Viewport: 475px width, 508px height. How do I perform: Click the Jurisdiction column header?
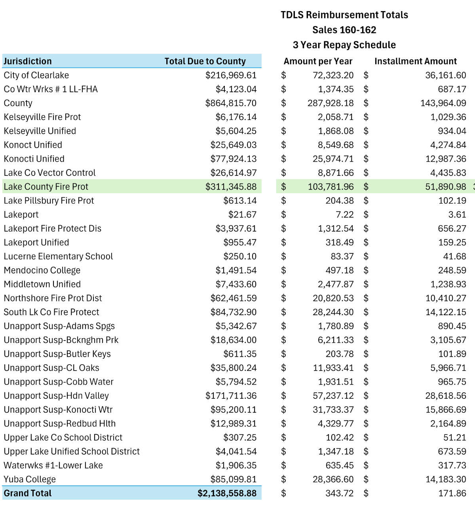28,61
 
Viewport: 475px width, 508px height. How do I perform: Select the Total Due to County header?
205,61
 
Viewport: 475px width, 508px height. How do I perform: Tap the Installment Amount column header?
415,61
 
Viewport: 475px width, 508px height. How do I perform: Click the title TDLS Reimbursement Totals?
344,15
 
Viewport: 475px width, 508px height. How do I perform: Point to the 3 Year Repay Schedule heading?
344,45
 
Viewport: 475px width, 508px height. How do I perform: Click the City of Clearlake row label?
36,75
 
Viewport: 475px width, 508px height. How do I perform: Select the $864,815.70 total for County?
231,103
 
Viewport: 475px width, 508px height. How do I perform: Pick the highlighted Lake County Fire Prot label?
46,186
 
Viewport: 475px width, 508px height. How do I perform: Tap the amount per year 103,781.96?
331,186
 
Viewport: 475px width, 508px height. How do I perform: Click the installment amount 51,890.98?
445,186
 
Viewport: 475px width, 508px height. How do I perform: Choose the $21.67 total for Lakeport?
242,215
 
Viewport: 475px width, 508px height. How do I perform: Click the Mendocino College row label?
42,270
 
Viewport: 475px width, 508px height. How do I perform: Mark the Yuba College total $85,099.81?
234,479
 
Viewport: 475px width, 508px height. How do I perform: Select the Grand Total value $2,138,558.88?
227,493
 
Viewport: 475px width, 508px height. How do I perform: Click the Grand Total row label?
28,493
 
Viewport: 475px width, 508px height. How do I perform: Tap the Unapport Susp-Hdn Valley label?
56,396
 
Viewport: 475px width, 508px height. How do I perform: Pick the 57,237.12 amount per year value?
333,396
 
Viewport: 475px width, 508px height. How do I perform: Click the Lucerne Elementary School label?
58,257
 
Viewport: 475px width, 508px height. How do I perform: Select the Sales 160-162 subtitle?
344,30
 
